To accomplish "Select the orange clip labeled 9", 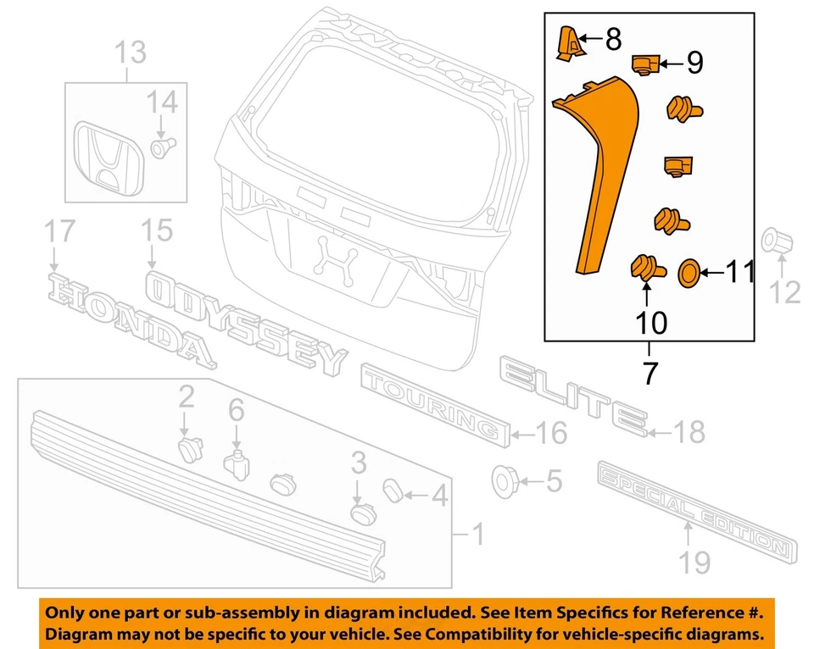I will click(647, 64).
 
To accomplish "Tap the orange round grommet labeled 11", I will click(689, 273).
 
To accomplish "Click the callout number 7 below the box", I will click(650, 373).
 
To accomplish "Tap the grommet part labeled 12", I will click(776, 241).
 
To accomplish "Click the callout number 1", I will click(477, 534).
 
